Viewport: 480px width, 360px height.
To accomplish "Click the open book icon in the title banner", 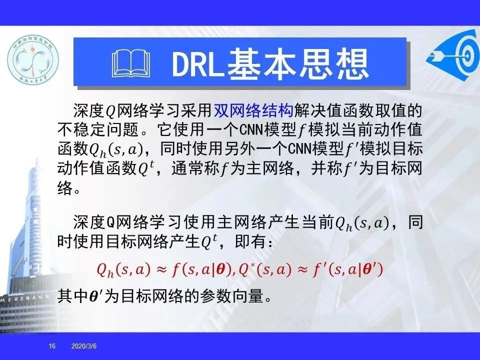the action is point(131,63).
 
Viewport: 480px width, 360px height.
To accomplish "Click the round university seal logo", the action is point(33,59).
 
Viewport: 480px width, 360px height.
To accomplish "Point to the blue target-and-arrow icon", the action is point(453,54).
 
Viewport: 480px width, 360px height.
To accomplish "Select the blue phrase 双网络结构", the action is point(253,110).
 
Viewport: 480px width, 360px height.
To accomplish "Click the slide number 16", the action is point(52,346).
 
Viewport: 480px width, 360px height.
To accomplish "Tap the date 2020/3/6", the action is point(84,346).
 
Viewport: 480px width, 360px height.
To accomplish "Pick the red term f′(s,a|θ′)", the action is point(348,269).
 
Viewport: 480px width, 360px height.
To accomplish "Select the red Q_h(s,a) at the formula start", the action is point(123,270).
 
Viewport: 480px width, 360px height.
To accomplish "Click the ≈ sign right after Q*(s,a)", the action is point(301,269).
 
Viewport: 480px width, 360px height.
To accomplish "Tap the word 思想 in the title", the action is point(334,64).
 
